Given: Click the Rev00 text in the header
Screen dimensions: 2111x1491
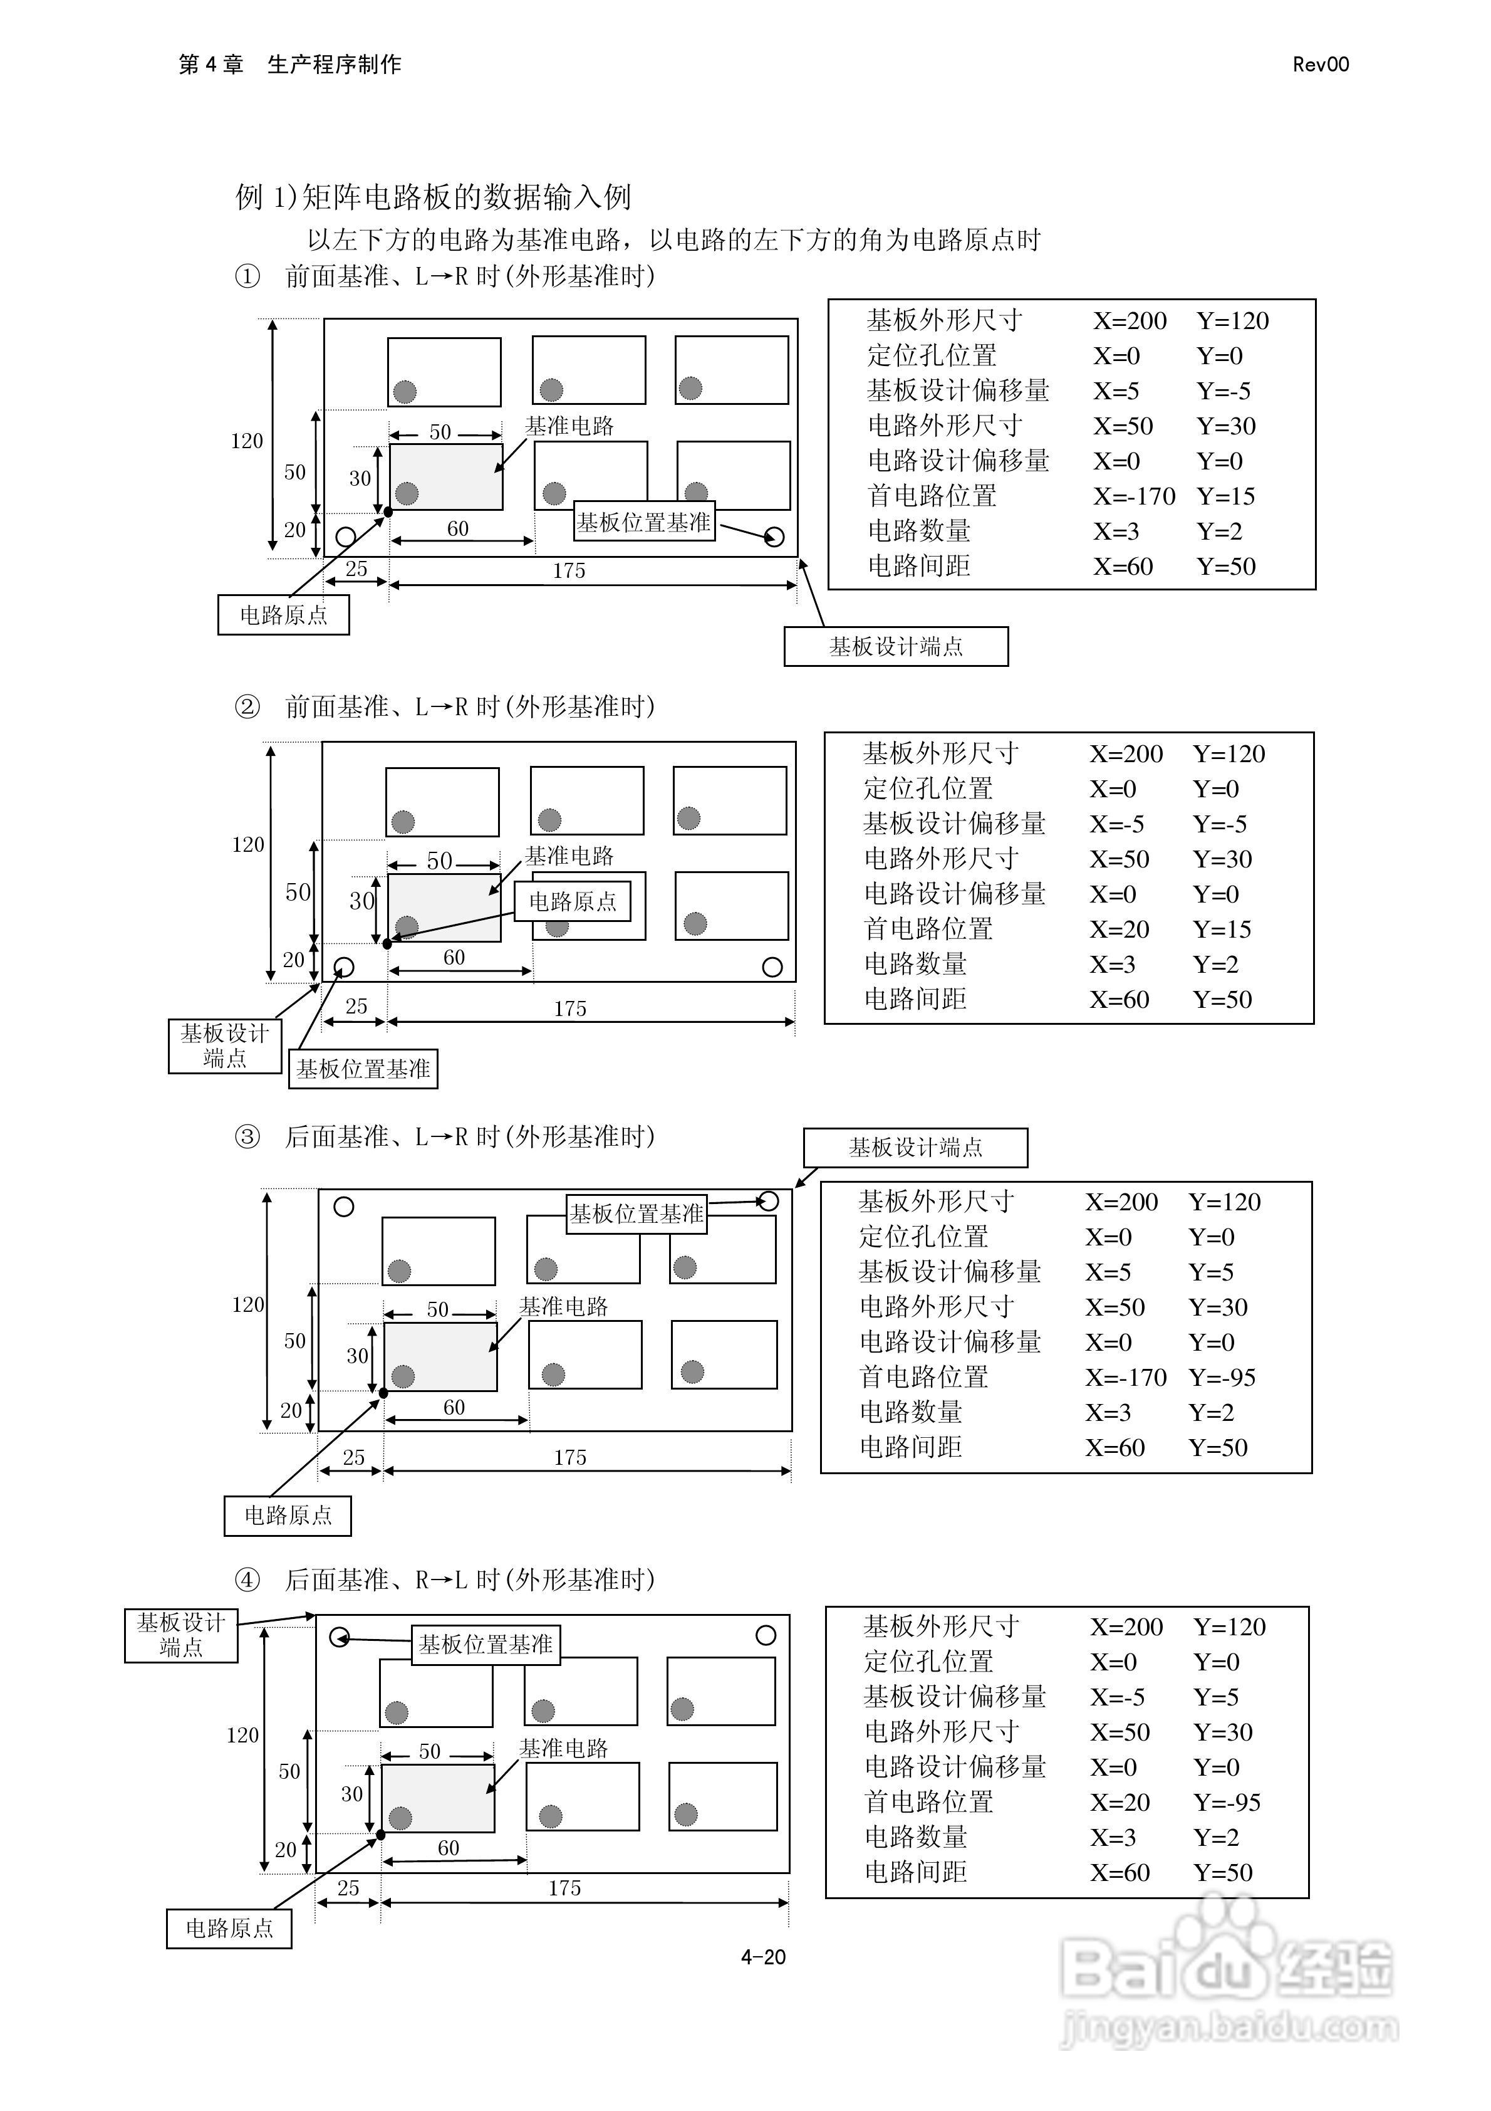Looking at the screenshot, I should [x=1320, y=65].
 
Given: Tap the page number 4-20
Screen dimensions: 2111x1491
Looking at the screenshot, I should [x=763, y=1957].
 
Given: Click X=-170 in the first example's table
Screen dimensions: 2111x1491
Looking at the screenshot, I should [x=1133, y=496].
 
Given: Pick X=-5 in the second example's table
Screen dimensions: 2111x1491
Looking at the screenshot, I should [x=1117, y=824].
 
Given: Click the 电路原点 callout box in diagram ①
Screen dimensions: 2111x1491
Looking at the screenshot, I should [x=283, y=615].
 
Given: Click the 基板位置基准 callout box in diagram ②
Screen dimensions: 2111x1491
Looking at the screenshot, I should [x=363, y=1069].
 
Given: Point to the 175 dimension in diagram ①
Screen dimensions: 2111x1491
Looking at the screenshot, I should [x=569, y=571].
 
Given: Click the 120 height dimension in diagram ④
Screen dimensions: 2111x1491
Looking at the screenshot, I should [x=242, y=1735].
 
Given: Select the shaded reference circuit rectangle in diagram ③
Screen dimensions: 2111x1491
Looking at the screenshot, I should [x=440, y=1356].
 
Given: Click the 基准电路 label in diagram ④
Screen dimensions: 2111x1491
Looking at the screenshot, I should [x=563, y=1748].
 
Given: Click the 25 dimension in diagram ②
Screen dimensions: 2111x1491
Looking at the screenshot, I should [x=356, y=1006].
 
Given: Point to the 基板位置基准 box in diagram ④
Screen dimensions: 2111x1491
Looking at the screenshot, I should [x=486, y=1644].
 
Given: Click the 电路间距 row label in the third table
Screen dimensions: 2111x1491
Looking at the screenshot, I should [x=910, y=1447].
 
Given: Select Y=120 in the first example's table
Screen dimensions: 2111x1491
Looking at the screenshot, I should [x=1233, y=321].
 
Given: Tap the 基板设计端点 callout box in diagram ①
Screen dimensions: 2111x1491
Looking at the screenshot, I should [x=895, y=646].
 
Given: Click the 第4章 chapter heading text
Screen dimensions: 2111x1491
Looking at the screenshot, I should [x=210, y=65].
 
